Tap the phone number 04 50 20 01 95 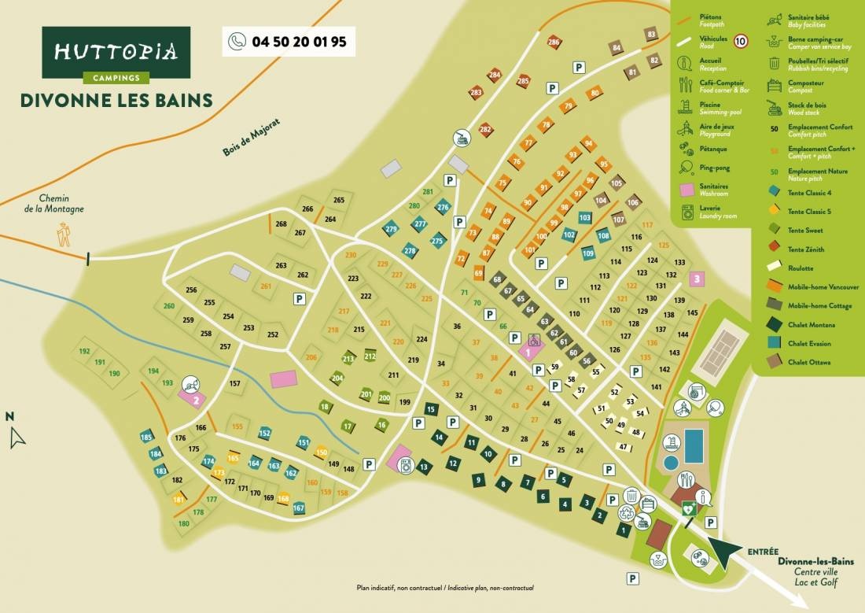coord(289,42)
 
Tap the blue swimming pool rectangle coord(694,446)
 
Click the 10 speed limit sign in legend coord(740,40)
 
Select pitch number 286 coord(554,42)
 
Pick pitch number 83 coord(650,35)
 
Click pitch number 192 coord(85,352)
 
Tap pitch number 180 coord(184,523)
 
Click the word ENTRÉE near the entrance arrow coord(764,551)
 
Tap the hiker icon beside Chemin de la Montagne coord(63,234)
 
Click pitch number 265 coord(339,200)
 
